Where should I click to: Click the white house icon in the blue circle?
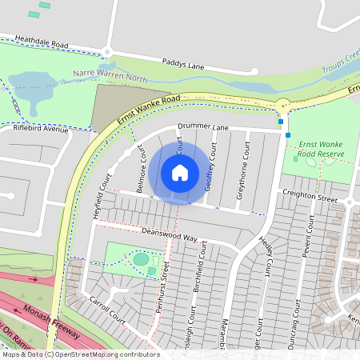pyautogui.click(x=180, y=173)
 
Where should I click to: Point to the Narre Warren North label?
pyautogui.click(x=110, y=75)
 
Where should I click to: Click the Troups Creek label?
pyautogui.click(x=342, y=62)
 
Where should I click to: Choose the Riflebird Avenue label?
pyautogui.click(x=41, y=128)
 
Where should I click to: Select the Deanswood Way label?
pyautogui.click(x=169, y=233)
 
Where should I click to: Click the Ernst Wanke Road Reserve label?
pyautogui.click(x=320, y=149)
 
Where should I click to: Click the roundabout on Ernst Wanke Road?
pyautogui.click(x=283, y=106)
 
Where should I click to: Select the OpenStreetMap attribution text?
pyautogui.click(x=80, y=354)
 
